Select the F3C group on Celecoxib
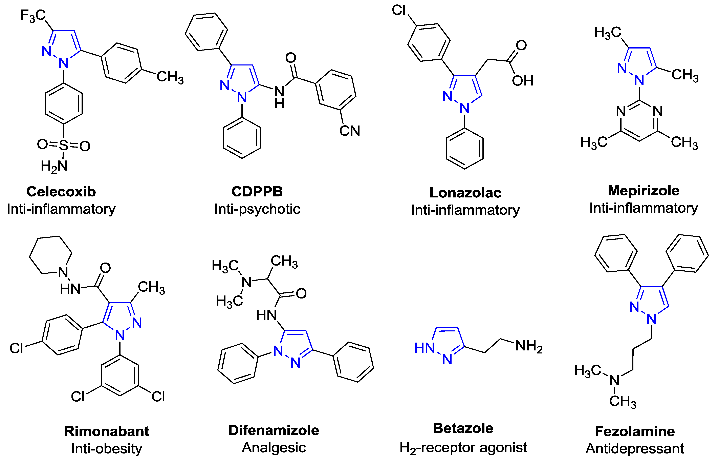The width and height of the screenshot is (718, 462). point(33,15)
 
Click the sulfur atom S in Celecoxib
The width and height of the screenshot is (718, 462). point(64,146)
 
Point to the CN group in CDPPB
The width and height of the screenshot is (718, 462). point(350,131)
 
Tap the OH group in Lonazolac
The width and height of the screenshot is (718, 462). point(522,80)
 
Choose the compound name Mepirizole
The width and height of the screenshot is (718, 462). point(643,191)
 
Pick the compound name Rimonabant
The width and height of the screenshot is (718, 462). point(107,431)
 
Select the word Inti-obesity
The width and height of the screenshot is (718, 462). point(107,448)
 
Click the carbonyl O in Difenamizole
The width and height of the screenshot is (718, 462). point(301,294)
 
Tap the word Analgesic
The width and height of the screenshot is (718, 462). point(274,448)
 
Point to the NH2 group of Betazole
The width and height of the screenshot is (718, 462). point(529,346)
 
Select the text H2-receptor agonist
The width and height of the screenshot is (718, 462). point(463,448)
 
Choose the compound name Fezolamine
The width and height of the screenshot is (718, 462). point(635,431)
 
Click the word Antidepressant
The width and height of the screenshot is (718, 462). point(635,448)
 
